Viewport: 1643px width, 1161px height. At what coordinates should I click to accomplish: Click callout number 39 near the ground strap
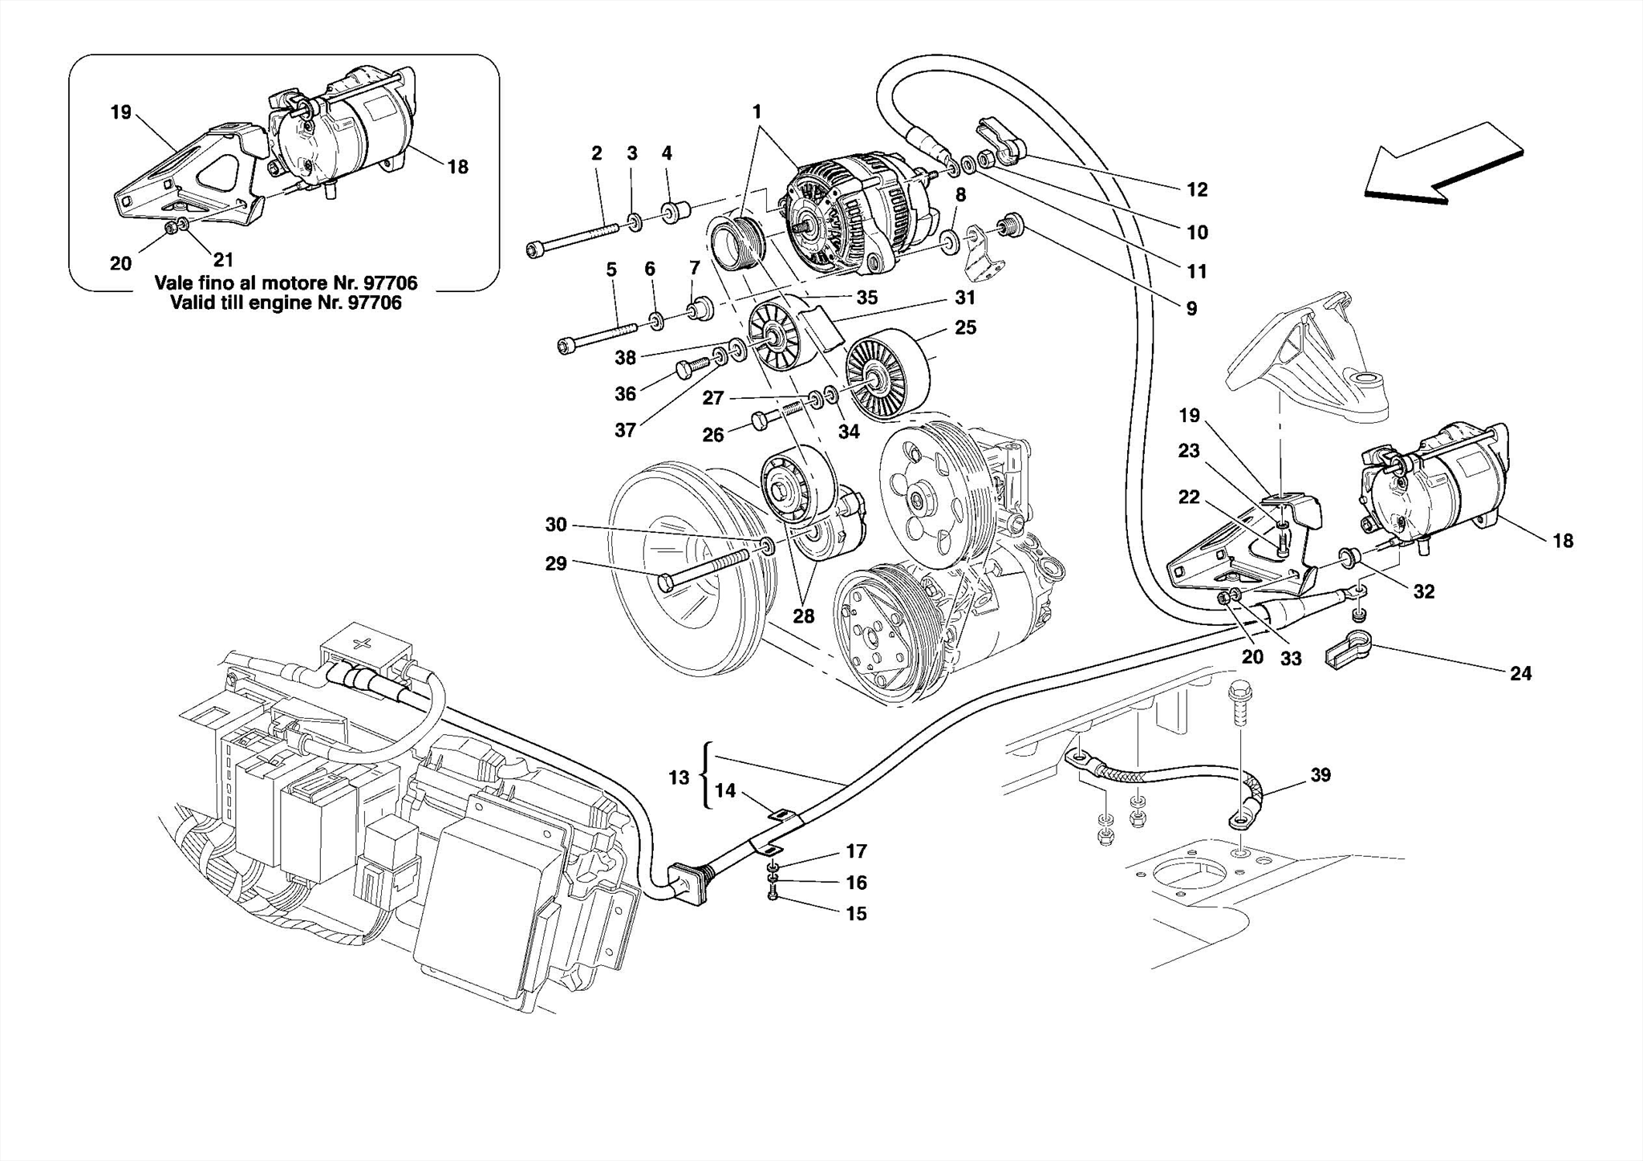click(x=1320, y=775)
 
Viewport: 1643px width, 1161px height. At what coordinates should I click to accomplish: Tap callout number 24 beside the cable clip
click(x=1520, y=674)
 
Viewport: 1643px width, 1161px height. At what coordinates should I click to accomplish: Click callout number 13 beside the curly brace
click(x=679, y=777)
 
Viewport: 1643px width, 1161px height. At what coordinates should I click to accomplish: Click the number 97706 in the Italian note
click(x=391, y=283)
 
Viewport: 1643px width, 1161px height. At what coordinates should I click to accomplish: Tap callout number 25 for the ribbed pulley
click(x=965, y=328)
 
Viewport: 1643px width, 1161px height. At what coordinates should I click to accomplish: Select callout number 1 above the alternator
click(x=757, y=112)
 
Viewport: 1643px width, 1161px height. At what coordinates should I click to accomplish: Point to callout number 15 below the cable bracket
click(x=856, y=914)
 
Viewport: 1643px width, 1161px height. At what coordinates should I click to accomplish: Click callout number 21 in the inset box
click(x=223, y=260)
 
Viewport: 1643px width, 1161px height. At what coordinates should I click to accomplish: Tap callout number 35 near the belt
click(x=866, y=298)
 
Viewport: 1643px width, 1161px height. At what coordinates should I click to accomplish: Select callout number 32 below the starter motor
click(x=1423, y=592)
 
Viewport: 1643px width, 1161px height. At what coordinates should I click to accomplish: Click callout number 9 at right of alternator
click(x=1191, y=309)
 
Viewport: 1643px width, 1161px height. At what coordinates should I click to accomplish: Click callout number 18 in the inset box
click(x=457, y=167)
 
